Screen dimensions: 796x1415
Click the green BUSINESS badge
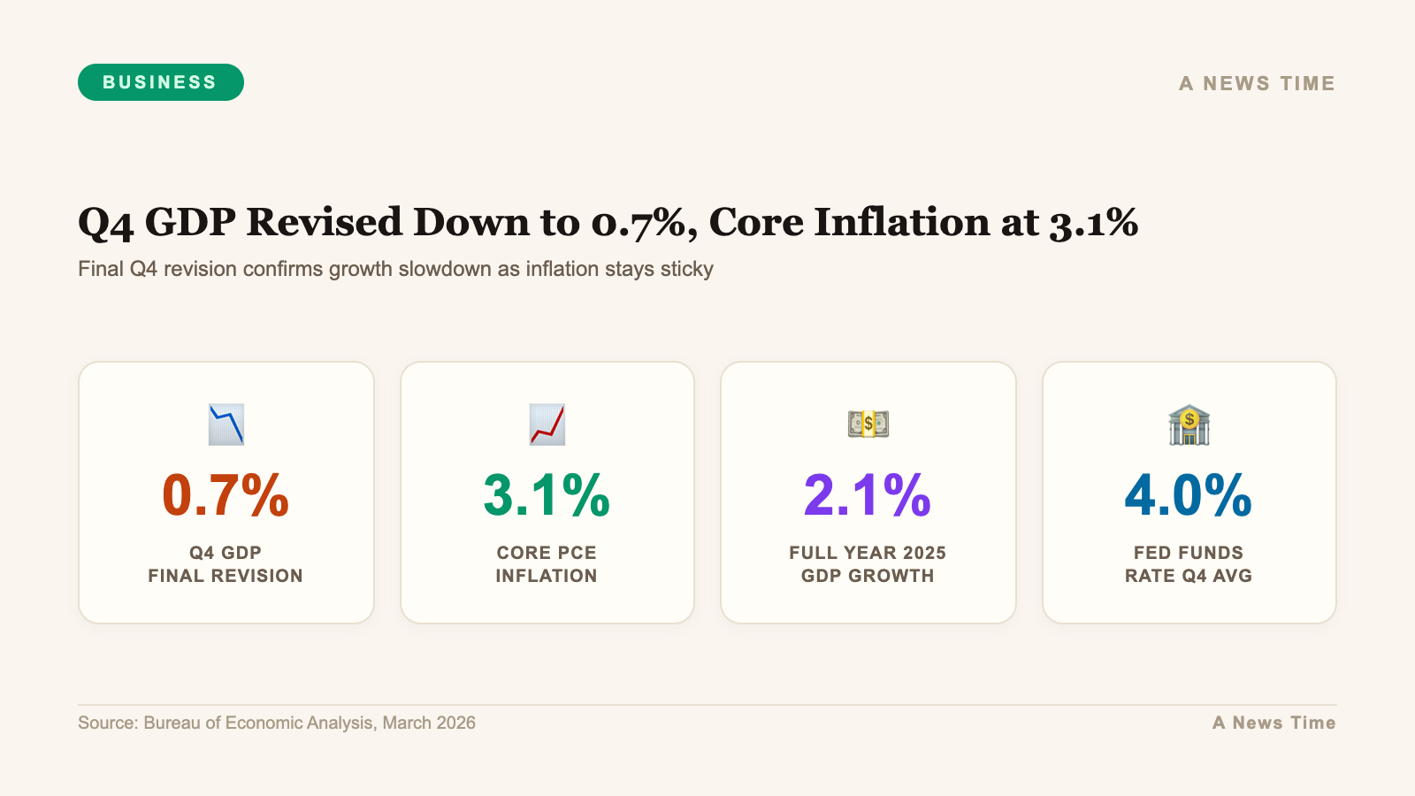[x=160, y=82]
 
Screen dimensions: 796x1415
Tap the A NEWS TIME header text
[x=1257, y=84]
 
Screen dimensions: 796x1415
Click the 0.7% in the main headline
[x=638, y=222]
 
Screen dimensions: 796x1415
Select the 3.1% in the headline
[x=1093, y=222]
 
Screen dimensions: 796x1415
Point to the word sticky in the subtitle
[x=686, y=269]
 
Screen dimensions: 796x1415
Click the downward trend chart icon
[x=226, y=425]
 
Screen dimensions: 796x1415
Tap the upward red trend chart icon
[x=547, y=425]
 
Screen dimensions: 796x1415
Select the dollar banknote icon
[x=868, y=425]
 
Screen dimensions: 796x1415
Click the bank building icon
[x=1189, y=425]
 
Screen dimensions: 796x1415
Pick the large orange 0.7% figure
[x=226, y=495]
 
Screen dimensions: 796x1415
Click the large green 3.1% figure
[x=547, y=495]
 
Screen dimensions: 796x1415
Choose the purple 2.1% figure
[x=868, y=495]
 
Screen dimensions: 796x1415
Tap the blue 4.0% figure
[x=1189, y=495]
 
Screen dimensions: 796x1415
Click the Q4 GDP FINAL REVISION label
[x=226, y=564]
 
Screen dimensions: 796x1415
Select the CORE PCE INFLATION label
[x=547, y=564]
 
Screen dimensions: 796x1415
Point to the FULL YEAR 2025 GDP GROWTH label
[x=868, y=564]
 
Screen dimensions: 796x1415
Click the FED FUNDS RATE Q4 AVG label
[x=1189, y=564]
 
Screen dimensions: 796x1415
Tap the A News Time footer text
[x=1273, y=723]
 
